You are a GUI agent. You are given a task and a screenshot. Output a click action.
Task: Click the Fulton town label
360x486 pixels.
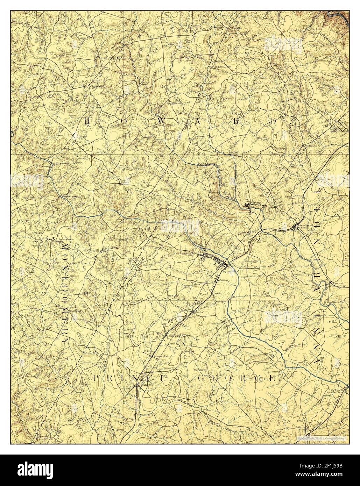point(125,182)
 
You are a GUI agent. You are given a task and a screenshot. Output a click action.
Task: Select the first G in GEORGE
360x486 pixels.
point(202,378)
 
